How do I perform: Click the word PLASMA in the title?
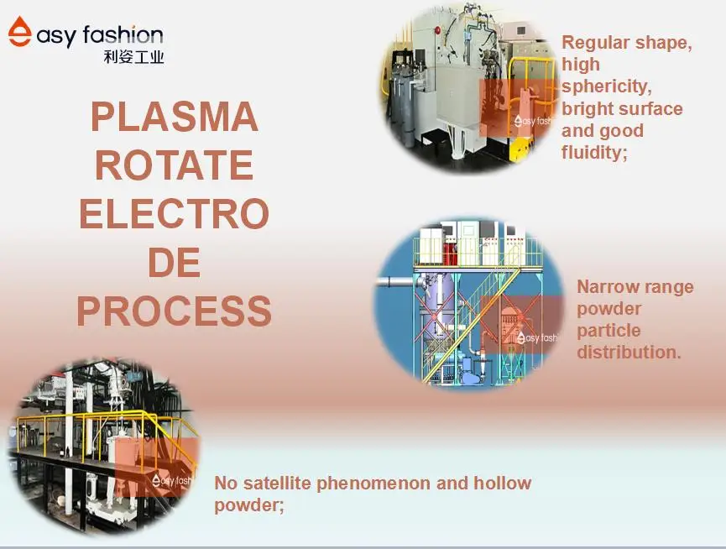click(x=174, y=117)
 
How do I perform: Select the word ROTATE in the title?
click(x=174, y=165)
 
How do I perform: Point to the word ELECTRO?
click(x=174, y=214)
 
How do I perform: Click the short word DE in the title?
click(x=174, y=263)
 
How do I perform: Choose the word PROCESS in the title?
click(x=174, y=311)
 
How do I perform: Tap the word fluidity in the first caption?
click(x=593, y=152)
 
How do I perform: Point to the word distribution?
click(x=628, y=353)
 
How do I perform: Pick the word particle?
click(x=608, y=331)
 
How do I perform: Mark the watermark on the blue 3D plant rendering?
click(x=538, y=337)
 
